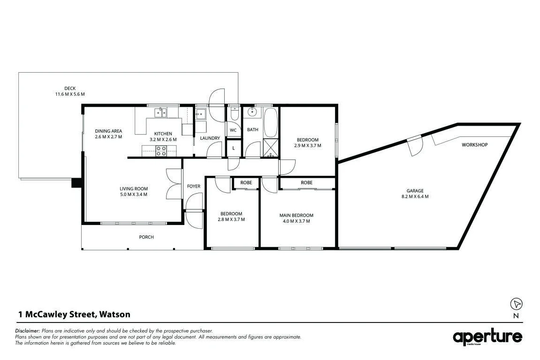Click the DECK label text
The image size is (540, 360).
[x=70, y=89]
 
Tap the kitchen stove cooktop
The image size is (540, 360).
[x=161, y=151]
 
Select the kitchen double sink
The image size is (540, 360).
[x=160, y=112]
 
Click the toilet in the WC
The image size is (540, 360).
[x=234, y=113]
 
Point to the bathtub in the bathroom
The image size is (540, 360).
[x=270, y=122]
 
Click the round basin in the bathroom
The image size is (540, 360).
[x=252, y=112]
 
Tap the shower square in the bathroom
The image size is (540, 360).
[x=271, y=148]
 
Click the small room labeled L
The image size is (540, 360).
[x=234, y=148]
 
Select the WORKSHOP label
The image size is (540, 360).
[x=475, y=145]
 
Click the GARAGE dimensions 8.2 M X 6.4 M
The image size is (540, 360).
[x=415, y=196]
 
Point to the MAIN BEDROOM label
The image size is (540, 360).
[x=296, y=216]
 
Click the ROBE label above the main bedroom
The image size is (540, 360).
[x=306, y=182]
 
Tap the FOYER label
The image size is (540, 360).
[x=194, y=186]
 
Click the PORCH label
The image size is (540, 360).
[x=146, y=237]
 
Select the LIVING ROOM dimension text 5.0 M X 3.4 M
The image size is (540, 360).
[x=134, y=195]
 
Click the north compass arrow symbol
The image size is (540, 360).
[x=516, y=304]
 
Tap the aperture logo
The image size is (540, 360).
[x=487, y=336]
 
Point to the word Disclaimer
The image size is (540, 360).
[x=28, y=331]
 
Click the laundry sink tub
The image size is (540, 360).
[x=200, y=113]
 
